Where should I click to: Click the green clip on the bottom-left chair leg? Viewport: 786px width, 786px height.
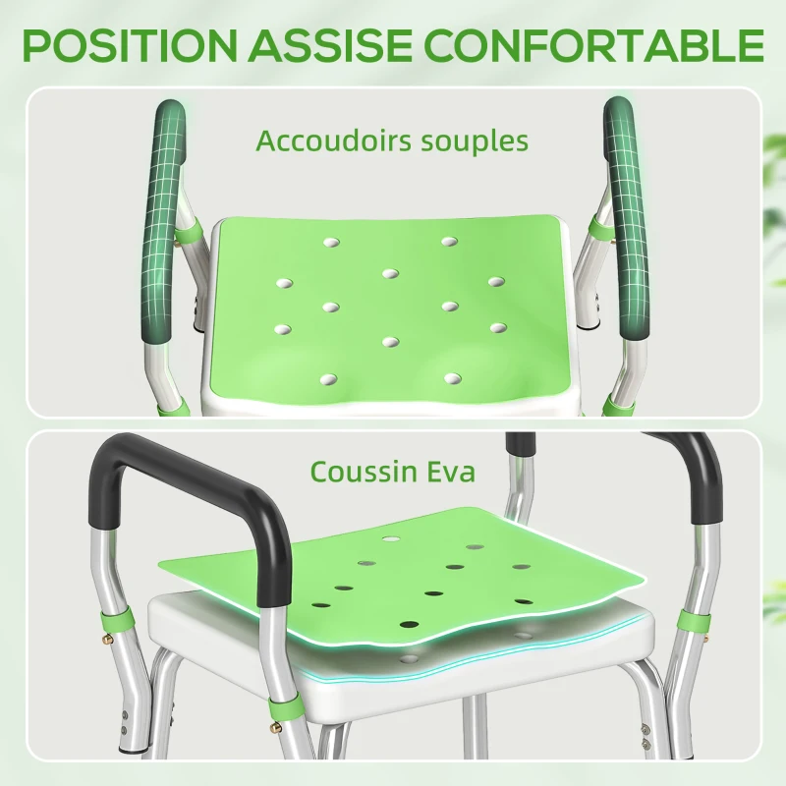coord(118,621)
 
